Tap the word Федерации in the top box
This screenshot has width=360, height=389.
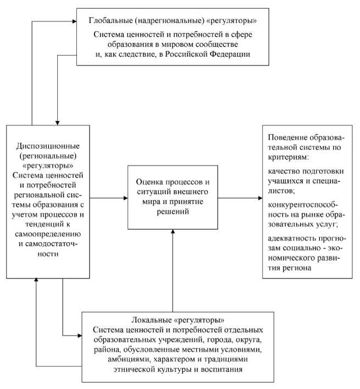[x=227, y=54]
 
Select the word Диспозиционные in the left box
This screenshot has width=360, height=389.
[x=48, y=146]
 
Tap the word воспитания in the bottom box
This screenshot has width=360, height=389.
[x=219, y=370]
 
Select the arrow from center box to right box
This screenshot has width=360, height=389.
[x=242, y=197]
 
